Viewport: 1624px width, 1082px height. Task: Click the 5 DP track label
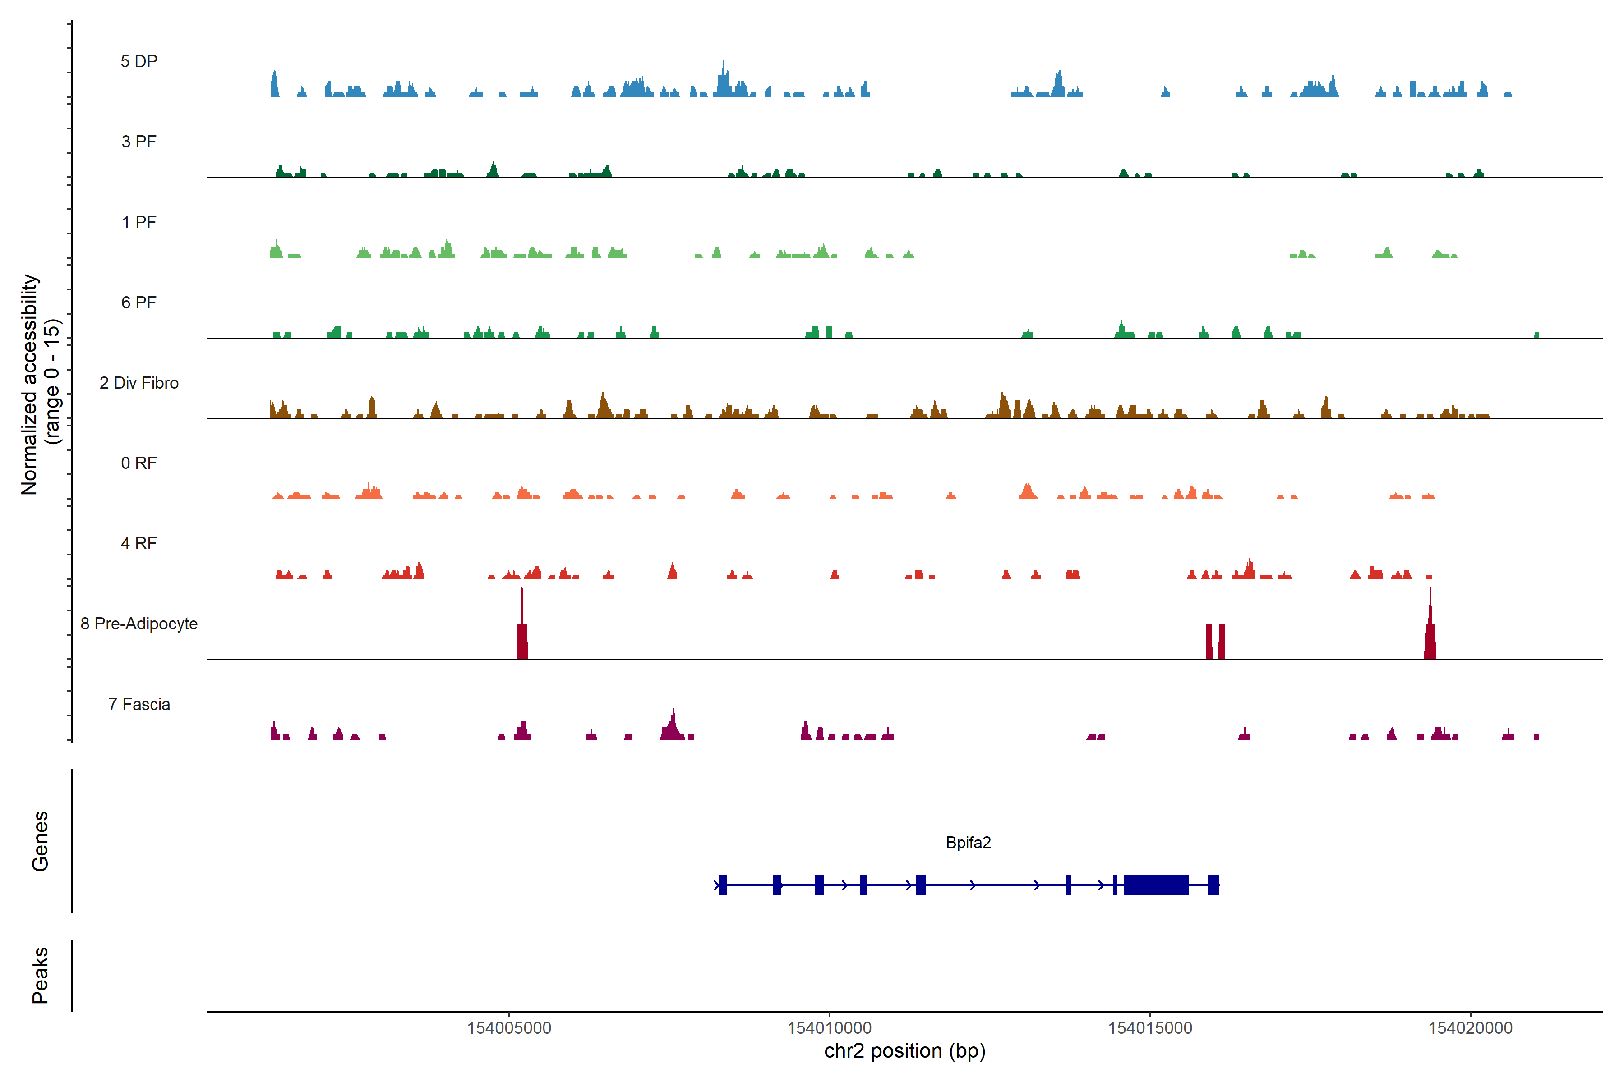tap(139, 61)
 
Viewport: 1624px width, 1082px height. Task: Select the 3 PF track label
tap(139, 142)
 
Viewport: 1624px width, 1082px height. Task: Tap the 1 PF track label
tap(139, 222)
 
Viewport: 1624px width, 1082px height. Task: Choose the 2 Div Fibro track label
tap(139, 383)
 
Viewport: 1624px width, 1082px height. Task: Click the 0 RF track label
tap(139, 463)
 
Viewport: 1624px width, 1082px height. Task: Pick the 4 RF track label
tap(139, 543)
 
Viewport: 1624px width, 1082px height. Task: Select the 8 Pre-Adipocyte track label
tap(139, 624)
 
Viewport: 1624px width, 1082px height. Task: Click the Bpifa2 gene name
tap(968, 843)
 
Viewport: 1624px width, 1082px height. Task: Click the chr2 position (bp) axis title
tap(904, 1051)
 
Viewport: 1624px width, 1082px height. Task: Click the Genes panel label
tap(40, 841)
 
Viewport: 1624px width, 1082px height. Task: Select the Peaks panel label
tap(40, 975)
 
